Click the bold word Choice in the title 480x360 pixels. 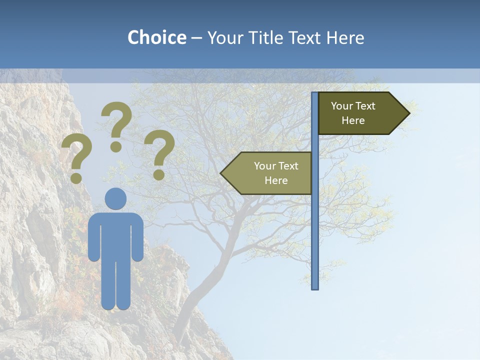point(156,37)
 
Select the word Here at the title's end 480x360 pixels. point(345,37)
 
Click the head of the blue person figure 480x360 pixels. point(115,198)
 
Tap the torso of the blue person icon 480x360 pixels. point(115,235)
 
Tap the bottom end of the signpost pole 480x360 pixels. point(315,287)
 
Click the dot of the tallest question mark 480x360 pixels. point(116,146)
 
